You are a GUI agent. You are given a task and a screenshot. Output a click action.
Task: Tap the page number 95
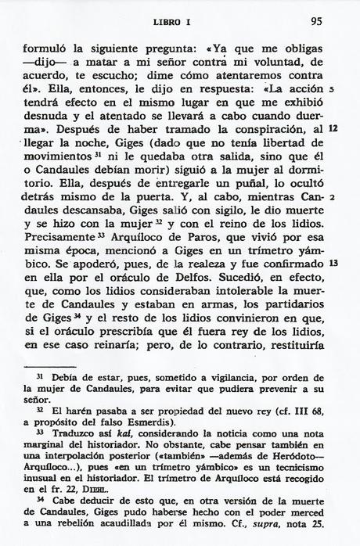[316, 21]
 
